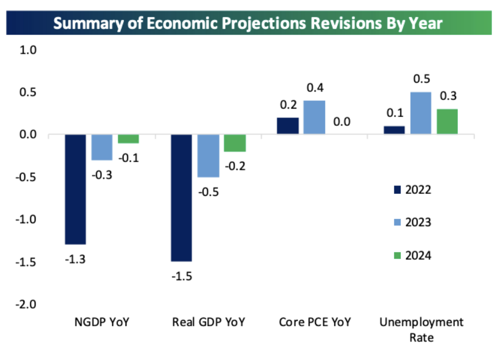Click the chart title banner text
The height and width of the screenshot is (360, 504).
point(248,23)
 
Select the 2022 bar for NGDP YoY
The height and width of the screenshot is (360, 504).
point(75,189)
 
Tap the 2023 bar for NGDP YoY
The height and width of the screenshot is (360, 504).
point(102,147)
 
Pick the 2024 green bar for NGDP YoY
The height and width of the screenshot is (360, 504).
point(128,139)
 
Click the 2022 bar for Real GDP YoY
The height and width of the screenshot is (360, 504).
point(182,197)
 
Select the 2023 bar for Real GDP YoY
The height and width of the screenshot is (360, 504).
point(208,156)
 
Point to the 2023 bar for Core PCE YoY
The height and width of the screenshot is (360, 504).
point(315,117)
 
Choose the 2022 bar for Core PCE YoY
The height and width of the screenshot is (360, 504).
point(288,126)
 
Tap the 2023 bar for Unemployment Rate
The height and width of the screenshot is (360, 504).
point(421,113)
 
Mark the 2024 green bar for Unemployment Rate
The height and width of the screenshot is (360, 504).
point(447,121)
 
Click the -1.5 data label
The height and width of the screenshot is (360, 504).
point(182,275)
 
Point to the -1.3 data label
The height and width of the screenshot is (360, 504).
point(75,258)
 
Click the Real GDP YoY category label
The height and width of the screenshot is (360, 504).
point(208,322)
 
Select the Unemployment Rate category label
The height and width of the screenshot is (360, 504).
point(421,330)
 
